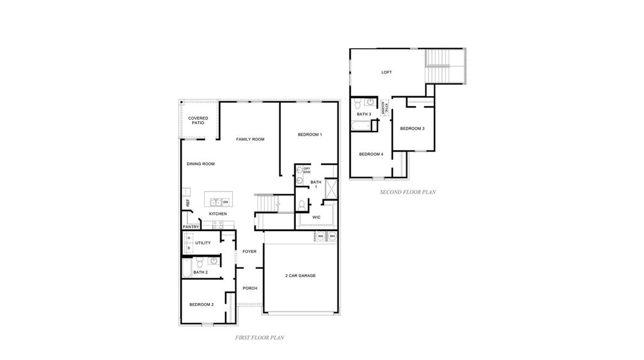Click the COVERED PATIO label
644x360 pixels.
(x=198, y=121)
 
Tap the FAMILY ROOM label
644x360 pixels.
(x=250, y=139)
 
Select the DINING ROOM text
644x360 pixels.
(x=200, y=164)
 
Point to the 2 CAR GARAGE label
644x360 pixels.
(x=300, y=275)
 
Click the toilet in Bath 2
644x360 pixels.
(x=200, y=262)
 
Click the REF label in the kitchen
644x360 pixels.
(x=188, y=203)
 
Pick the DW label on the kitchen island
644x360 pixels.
(x=226, y=202)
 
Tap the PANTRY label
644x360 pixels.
(x=191, y=227)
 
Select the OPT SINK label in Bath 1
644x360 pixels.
(x=307, y=170)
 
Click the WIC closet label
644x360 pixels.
(x=316, y=217)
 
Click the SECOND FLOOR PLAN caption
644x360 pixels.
(x=408, y=193)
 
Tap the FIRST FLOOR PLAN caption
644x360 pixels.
(x=259, y=338)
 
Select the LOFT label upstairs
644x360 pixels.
(x=387, y=73)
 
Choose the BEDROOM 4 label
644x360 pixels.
(x=371, y=154)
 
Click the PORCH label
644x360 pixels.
(x=250, y=288)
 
